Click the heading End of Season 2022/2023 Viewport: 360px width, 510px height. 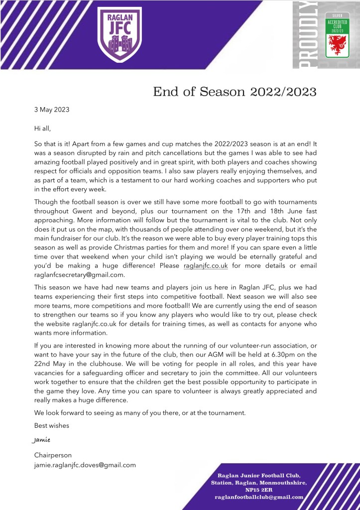pyautogui.click(x=235, y=92)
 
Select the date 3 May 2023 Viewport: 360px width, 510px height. pyautogui.click(x=52, y=110)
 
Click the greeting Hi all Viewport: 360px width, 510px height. pyautogui.click(x=42, y=128)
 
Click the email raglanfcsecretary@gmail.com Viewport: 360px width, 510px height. pyautogui.click(x=79, y=274)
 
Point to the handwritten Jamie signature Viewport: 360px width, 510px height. pyautogui.click(x=41, y=440)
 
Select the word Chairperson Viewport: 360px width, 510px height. pyautogui.click(x=53, y=455)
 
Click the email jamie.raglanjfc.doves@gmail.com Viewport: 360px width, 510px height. pyautogui.click(x=85, y=465)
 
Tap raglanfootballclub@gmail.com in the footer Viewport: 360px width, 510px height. pyautogui.click(x=259, y=497)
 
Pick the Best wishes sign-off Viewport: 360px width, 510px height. pyautogui.click(x=51, y=425)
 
